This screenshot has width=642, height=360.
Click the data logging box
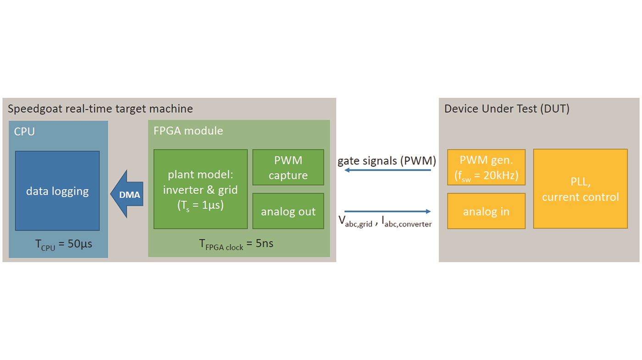click(57, 191)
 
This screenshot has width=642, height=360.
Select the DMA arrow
click(127, 194)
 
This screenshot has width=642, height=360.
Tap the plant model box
click(201, 189)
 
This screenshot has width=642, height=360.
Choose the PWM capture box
click(288, 167)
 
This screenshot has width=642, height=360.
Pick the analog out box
click(288, 211)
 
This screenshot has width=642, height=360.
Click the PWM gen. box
click(487, 167)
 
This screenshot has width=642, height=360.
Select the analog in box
click(487, 211)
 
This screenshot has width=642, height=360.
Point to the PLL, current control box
click(581, 189)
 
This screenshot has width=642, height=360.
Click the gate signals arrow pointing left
click(387, 170)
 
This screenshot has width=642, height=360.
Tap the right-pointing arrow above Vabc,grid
click(387, 211)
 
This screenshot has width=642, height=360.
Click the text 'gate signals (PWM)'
click(387, 161)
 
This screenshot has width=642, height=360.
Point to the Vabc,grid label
click(355, 222)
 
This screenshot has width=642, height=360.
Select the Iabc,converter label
click(407, 222)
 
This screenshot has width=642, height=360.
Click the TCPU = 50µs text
click(64, 244)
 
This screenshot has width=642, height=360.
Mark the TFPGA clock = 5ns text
click(236, 244)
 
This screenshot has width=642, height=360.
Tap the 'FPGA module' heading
click(188, 131)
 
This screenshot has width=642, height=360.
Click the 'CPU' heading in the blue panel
click(24, 132)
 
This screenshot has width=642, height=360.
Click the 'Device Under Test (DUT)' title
click(507, 109)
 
